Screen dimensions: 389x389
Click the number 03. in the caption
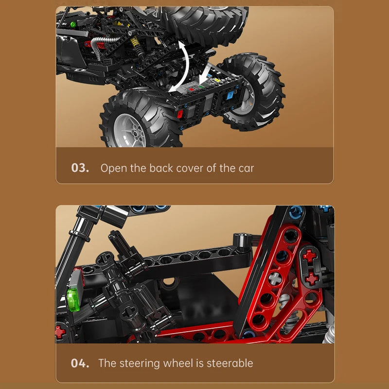pyautogui.click(x=80, y=168)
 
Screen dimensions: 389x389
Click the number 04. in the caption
pyautogui.click(x=80, y=363)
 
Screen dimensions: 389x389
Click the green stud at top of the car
pyautogui.click(x=73, y=24)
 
